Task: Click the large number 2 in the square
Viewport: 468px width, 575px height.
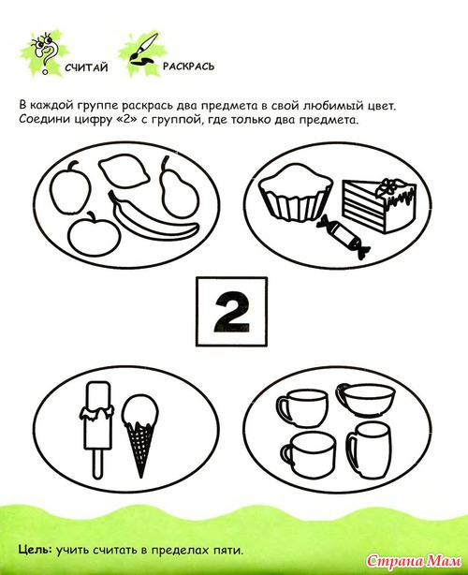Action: coord(231,313)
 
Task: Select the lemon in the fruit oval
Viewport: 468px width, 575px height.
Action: coord(124,171)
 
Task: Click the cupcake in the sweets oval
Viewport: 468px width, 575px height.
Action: coord(296,193)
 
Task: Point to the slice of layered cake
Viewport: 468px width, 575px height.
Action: coord(379,205)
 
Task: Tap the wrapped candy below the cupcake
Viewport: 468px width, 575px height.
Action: coord(343,236)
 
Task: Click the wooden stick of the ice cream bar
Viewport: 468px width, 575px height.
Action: coord(97,464)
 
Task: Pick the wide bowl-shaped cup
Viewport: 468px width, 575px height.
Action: coord(366,399)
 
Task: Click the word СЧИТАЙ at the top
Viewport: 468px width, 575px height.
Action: coord(86,67)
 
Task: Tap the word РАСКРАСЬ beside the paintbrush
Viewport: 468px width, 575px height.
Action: coord(188,66)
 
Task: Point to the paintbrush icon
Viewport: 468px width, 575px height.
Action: coord(143,50)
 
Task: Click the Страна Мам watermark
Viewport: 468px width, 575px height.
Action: coord(414,561)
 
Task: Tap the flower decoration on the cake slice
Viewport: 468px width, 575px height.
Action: coord(388,187)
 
